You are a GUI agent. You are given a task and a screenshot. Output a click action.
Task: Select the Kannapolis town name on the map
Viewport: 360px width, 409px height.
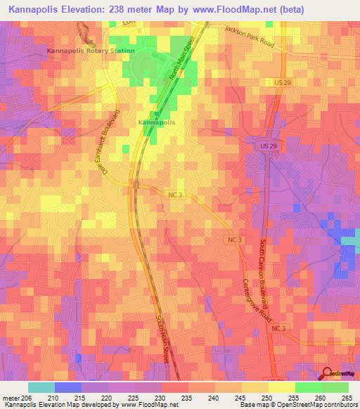click(x=156, y=122)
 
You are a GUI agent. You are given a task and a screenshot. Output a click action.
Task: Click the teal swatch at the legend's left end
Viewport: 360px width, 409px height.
click(x=41, y=387)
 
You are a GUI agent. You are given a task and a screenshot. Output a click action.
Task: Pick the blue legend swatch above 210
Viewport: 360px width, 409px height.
click(x=68, y=387)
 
